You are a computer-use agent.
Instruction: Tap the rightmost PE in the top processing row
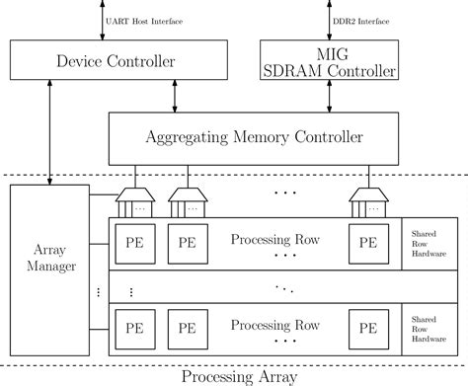367,242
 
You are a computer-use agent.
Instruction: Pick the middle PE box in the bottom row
184,327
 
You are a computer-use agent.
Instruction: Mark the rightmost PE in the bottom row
367,327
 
